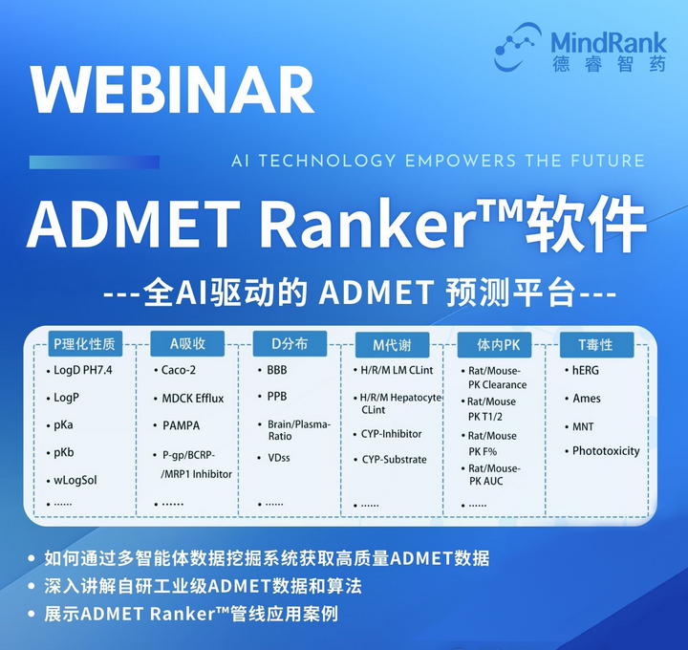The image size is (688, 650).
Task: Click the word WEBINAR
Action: click(172, 91)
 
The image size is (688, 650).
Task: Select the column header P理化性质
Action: click(84, 343)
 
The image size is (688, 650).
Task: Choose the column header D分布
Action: click(290, 343)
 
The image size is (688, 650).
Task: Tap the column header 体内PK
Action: click(498, 343)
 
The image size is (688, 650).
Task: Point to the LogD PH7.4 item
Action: click(84, 370)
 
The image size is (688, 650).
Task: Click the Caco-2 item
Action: click(179, 370)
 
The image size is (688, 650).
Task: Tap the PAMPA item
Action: click(181, 425)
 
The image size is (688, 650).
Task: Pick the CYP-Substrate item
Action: click(394, 460)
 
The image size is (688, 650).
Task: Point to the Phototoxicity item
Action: click(606, 451)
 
